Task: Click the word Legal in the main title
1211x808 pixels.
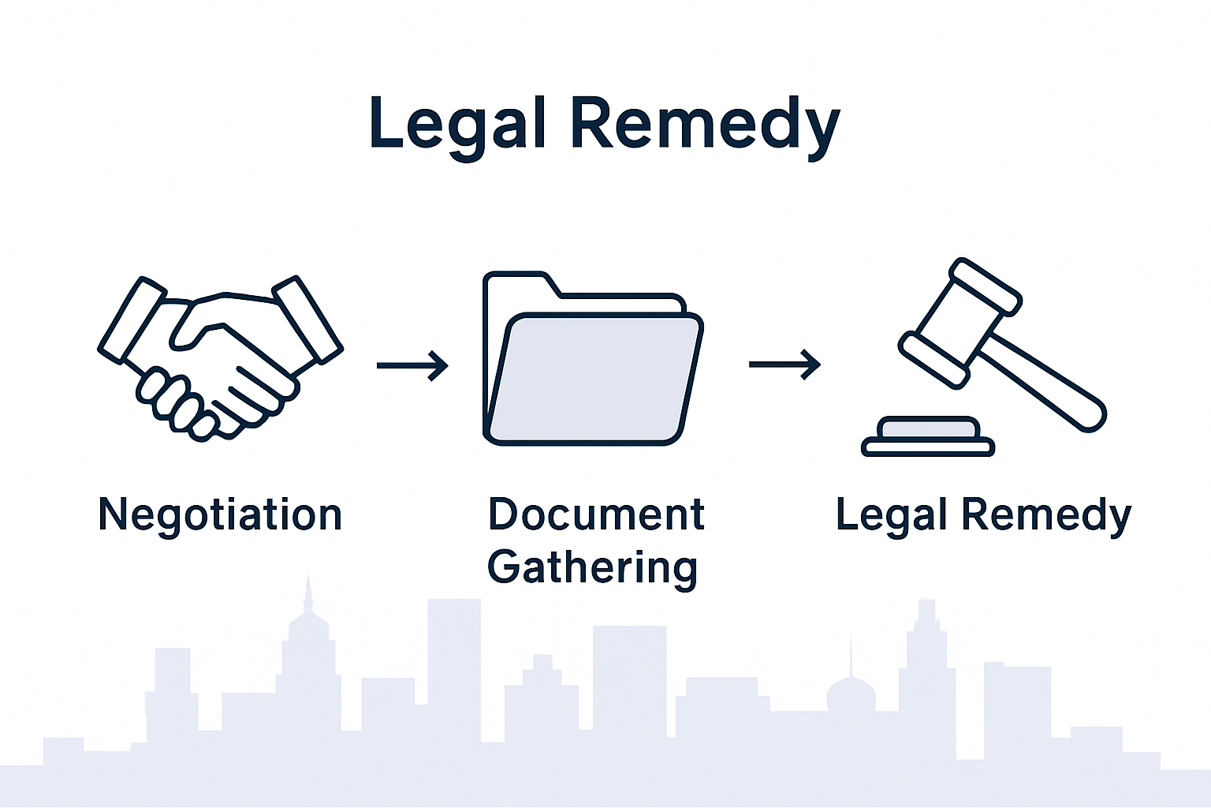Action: click(x=458, y=124)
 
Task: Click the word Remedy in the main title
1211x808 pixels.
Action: click(x=705, y=124)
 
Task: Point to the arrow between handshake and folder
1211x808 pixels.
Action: click(x=412, y=365)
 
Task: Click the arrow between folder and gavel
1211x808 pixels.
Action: click(x=784, y=365)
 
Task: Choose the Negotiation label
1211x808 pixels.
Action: click(x=220, y=515)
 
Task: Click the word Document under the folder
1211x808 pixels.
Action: click(x=596, y=515)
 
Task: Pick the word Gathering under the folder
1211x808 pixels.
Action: click(x=593, y=567)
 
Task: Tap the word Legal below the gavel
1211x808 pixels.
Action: click(x=891, y=515)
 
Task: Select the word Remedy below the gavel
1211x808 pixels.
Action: click(x=1046, y=515)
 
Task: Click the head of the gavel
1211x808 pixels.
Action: click(x=960, y=322)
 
